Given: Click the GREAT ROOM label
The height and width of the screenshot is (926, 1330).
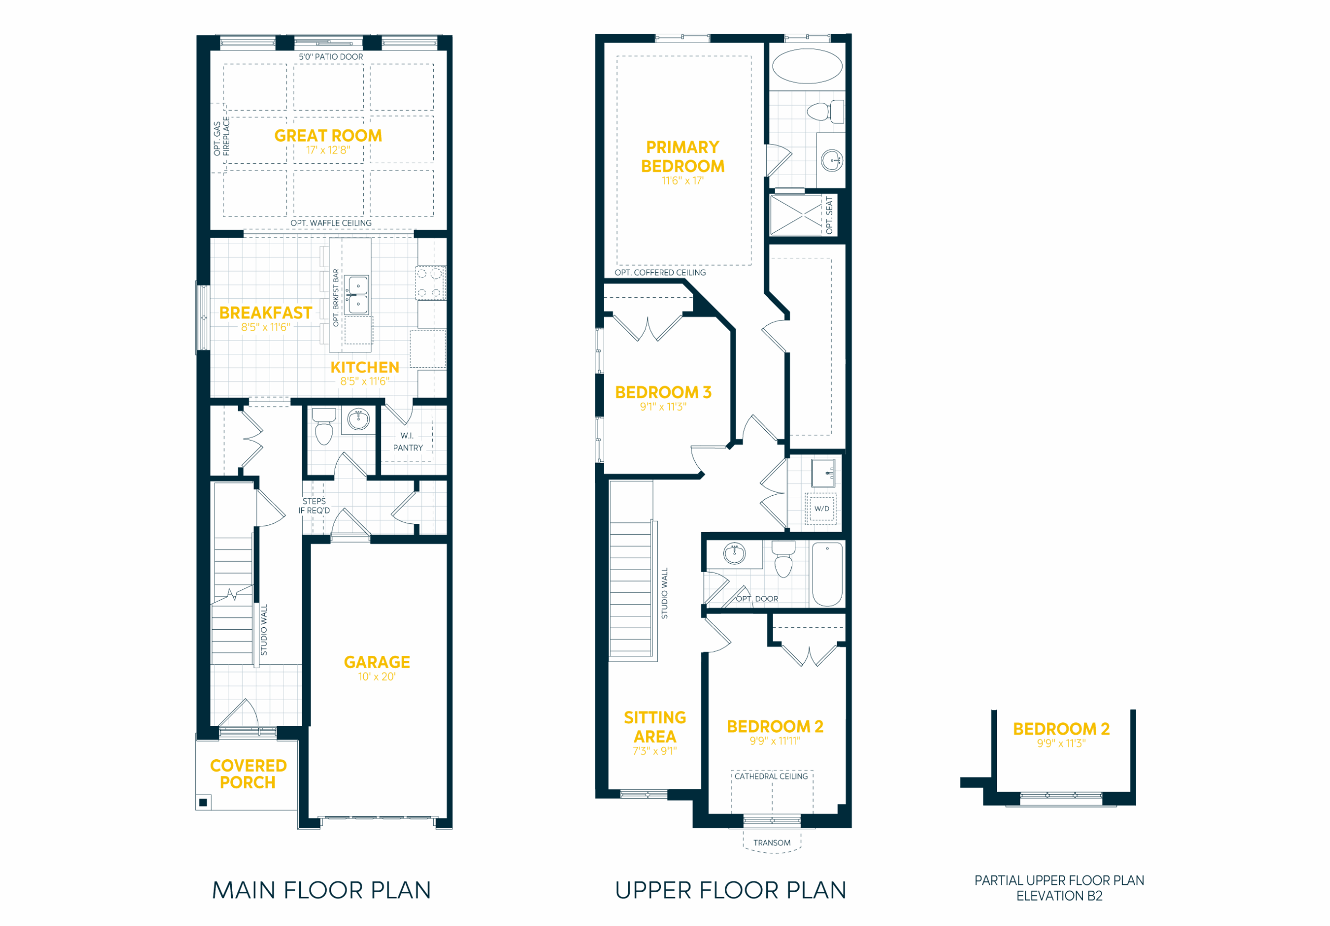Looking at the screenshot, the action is point(328,136).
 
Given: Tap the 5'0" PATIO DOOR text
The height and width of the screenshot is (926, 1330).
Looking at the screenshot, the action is point(331,57).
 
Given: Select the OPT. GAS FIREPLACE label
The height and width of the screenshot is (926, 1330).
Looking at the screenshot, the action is point(221,137).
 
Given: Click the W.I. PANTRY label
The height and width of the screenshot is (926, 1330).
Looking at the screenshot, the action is point(408,442).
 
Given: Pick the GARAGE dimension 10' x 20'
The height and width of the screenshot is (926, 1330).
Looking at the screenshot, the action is point(377,676).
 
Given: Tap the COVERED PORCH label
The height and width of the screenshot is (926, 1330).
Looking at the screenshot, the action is point(248,774).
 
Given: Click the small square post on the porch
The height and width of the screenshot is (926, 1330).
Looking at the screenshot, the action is point(203,802).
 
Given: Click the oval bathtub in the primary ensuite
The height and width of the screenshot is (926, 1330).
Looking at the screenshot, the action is point(807,67).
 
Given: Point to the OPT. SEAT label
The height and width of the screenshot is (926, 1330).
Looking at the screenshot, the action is point(829,215).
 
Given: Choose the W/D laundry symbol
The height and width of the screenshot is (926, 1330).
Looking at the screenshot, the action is point(821,508).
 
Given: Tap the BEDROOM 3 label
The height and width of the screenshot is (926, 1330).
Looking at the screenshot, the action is point(663,392).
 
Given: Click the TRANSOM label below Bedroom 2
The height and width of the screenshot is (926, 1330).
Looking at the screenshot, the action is point(772,842).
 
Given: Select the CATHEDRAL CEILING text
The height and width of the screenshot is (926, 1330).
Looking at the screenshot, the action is point(771,776).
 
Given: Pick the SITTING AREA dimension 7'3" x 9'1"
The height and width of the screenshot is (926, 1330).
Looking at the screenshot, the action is point(655,751).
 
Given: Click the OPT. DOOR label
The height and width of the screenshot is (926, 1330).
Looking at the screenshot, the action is point(757,599).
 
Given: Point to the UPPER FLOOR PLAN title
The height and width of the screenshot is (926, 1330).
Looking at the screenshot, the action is point(730,890).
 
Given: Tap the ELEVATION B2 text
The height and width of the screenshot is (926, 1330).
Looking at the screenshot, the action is point(1059,895).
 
